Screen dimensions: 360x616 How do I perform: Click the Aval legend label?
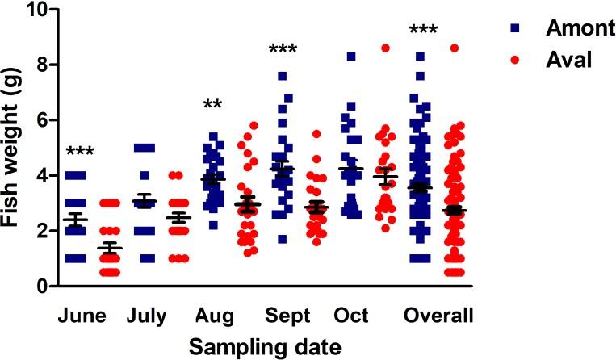(556, 60)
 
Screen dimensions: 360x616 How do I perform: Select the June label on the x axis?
(82, 315)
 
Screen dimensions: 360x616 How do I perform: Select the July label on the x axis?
(146, 315)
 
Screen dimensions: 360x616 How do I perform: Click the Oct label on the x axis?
(350, 315)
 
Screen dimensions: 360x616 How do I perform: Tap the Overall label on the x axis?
(439, 315)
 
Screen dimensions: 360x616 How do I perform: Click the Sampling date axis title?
(264, 346)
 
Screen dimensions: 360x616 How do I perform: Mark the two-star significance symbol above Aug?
(213, 106)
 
